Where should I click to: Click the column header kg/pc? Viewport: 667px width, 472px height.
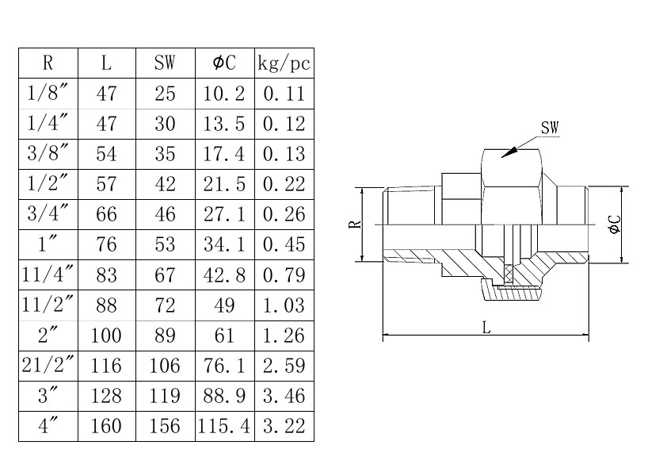point(284,63)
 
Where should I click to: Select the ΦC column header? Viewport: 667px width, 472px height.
point(225,63)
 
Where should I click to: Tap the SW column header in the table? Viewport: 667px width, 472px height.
point(165,63)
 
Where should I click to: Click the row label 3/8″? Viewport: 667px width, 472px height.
point(48,153)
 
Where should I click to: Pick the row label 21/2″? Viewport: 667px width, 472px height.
point(48,365)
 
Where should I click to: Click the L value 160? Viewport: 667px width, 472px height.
point(106,426)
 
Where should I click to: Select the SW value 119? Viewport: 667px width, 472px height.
point(165,396)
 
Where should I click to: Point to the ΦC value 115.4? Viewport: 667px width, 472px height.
point(225,426)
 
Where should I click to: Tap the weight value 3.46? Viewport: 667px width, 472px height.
point(284,396)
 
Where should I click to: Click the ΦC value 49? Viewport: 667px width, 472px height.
point(225,305)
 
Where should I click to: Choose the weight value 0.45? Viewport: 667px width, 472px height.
point(284,244)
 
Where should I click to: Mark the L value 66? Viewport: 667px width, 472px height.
point(106,214)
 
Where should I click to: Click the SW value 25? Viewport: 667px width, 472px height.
point(165,94)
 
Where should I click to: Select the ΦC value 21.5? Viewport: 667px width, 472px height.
point(225,184)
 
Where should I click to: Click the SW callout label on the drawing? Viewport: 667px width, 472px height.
point(549,128)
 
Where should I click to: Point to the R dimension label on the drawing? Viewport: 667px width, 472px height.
point(356,224)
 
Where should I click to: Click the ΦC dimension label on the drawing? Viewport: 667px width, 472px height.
point(614,224)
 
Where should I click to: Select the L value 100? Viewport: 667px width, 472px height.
point(106,336)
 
